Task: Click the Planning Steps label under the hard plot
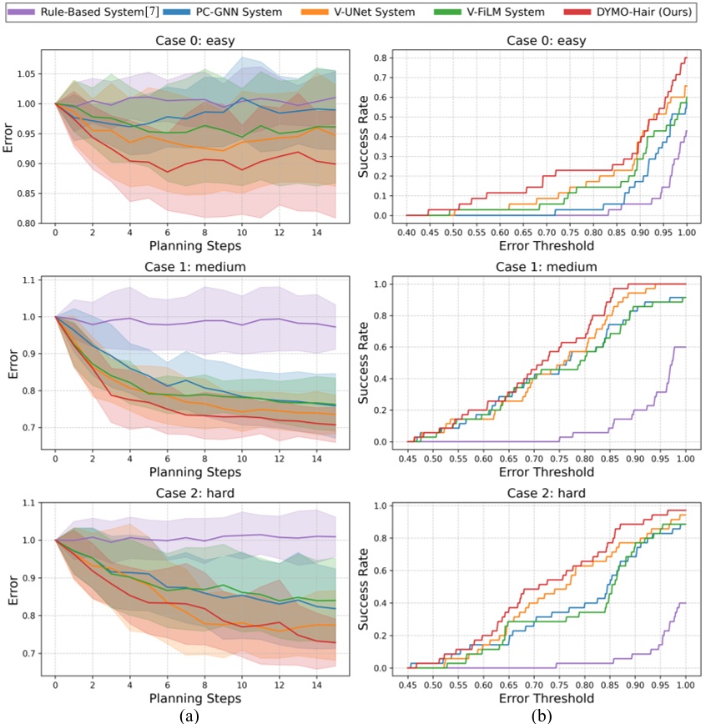194,697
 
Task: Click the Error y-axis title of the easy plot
9,140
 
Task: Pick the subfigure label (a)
194,714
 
